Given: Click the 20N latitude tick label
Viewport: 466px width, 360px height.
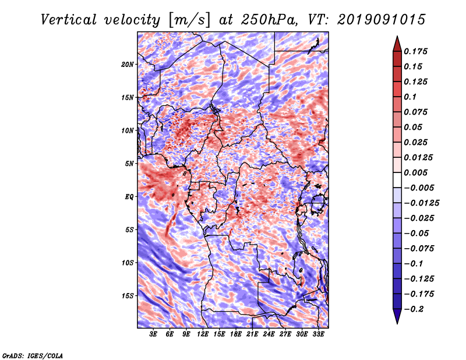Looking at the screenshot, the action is click(128, 65).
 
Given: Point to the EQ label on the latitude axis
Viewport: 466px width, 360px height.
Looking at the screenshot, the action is click(129, 197).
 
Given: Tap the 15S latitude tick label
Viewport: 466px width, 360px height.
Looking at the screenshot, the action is click(128, 296).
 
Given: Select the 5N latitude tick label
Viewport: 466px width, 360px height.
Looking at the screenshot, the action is click(129, 164).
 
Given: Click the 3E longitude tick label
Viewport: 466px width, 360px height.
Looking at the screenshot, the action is click(153, 334).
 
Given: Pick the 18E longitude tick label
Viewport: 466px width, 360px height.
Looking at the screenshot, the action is click(236, 334).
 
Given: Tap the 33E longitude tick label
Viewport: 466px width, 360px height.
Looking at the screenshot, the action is click(318, 334).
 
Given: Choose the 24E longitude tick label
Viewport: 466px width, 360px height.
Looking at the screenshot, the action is click(269, 334).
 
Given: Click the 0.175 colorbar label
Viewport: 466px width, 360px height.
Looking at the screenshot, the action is click(416, 51).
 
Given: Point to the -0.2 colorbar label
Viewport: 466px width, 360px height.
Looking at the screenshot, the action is click(414, 309).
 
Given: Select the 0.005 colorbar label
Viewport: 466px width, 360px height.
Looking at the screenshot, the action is click(416, 172).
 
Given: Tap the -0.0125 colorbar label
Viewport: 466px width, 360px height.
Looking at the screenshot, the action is click(421, 203).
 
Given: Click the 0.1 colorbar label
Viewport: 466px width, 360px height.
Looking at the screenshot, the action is click(410, 97).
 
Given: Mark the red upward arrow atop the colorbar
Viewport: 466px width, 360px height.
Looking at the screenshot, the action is click(397, 44).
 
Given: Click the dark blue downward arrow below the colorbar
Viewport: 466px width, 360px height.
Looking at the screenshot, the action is click(397, 316).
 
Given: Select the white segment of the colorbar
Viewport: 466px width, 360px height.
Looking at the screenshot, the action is click(397, 180).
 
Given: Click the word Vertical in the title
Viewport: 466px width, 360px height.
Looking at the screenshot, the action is click(69, 20).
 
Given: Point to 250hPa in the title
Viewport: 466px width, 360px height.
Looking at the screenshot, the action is click(269, 20).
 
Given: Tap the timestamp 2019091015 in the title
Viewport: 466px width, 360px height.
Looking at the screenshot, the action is click(382, 20).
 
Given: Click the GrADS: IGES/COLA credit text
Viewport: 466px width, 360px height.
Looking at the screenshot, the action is click(33, 355).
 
